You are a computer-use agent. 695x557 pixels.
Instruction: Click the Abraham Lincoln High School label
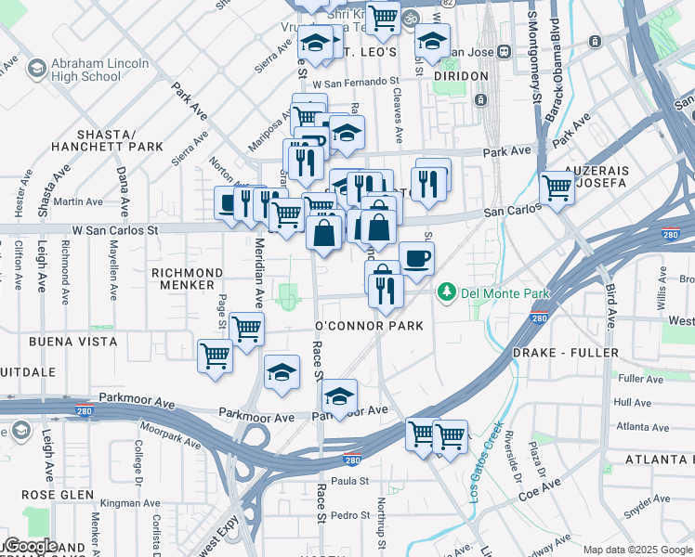pos(101,70)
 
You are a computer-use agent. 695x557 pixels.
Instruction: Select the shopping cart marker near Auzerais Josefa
pos(557,188)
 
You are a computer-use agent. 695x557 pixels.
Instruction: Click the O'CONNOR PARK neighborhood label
pos(369,326)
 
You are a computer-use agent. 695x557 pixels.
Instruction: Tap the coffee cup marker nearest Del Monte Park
pos(416,258)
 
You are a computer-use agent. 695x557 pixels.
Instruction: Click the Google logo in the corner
pos(31,546)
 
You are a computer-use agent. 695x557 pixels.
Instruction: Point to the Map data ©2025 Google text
pos(636,550)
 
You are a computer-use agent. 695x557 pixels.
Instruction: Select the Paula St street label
pos(349,481)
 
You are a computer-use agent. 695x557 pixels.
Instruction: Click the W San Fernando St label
pos(355,84)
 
